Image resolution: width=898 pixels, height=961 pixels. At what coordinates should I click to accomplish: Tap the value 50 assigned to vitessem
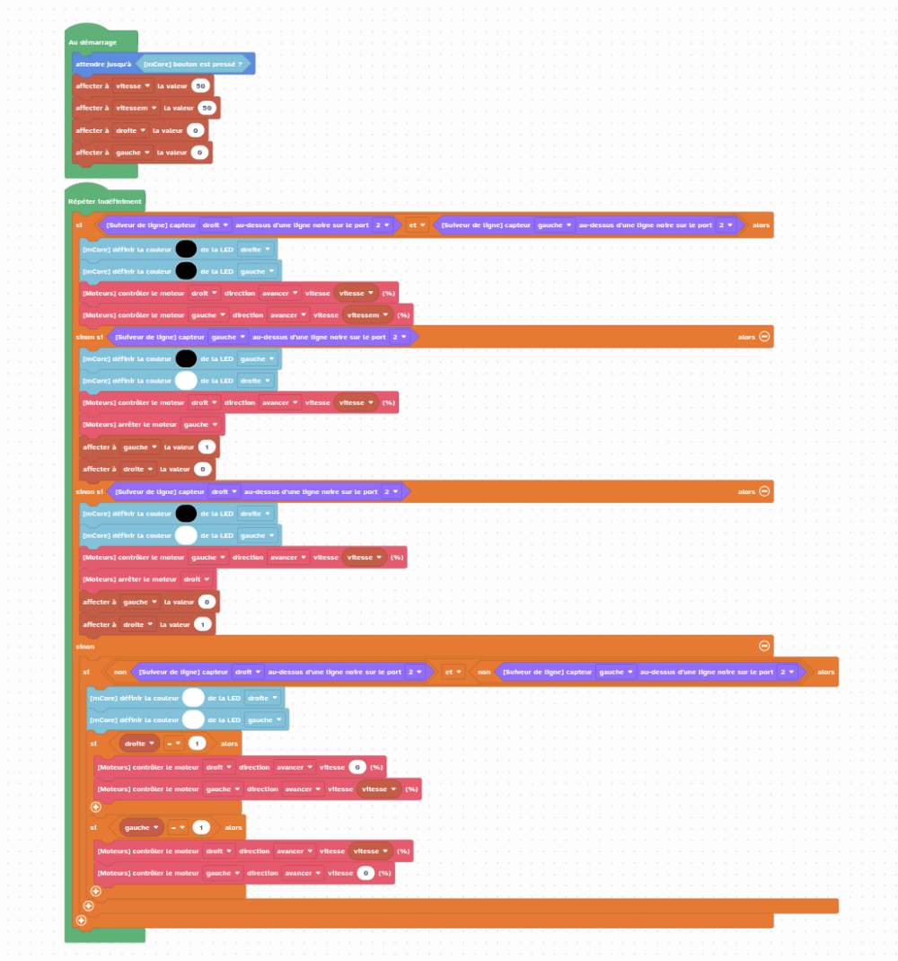click(207, 108)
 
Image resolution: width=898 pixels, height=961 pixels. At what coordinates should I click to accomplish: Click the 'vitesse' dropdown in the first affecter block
click(133, 86)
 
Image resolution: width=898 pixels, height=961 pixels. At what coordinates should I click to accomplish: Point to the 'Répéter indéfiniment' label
click(105, 201)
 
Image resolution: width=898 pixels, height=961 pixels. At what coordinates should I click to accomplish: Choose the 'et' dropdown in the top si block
click(416, 225)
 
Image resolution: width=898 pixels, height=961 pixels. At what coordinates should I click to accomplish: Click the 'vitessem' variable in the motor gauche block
click(368, 314)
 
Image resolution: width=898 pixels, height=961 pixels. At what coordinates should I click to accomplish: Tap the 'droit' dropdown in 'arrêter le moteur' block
click(196, 579)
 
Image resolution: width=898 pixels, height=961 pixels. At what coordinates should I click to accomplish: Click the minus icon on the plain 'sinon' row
click(764, 645)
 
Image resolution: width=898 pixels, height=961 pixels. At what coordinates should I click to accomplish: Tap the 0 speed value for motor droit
click(357, 767)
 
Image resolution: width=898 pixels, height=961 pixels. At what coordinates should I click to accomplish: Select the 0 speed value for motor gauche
click(365, 873)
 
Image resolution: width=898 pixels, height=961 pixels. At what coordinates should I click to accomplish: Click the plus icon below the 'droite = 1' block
click(96, 807)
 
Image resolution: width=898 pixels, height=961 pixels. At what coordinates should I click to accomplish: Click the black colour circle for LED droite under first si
click(186, 249)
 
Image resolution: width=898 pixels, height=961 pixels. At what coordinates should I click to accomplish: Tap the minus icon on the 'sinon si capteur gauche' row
click(764, 336)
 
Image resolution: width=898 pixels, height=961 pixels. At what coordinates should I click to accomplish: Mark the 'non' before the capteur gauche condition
click(483, 672)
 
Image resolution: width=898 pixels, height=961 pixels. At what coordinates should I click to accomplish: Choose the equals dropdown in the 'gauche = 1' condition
click(178, 827)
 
